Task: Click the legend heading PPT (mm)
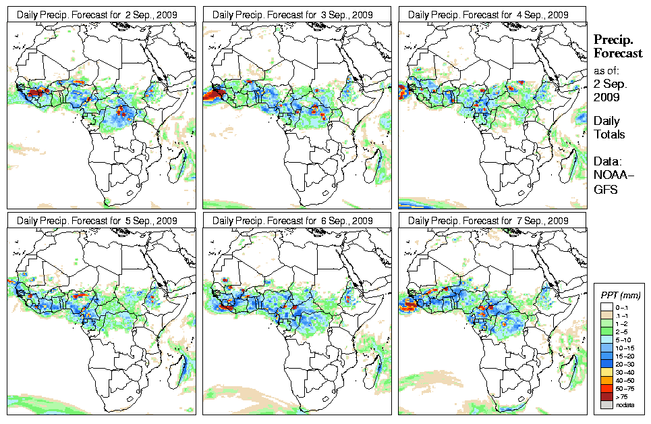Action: point(621,296)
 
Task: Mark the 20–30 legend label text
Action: point(625,364)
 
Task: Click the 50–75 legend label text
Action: point(625,388)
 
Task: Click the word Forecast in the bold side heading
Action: point(618,54)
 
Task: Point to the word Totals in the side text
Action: point(609,134)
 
